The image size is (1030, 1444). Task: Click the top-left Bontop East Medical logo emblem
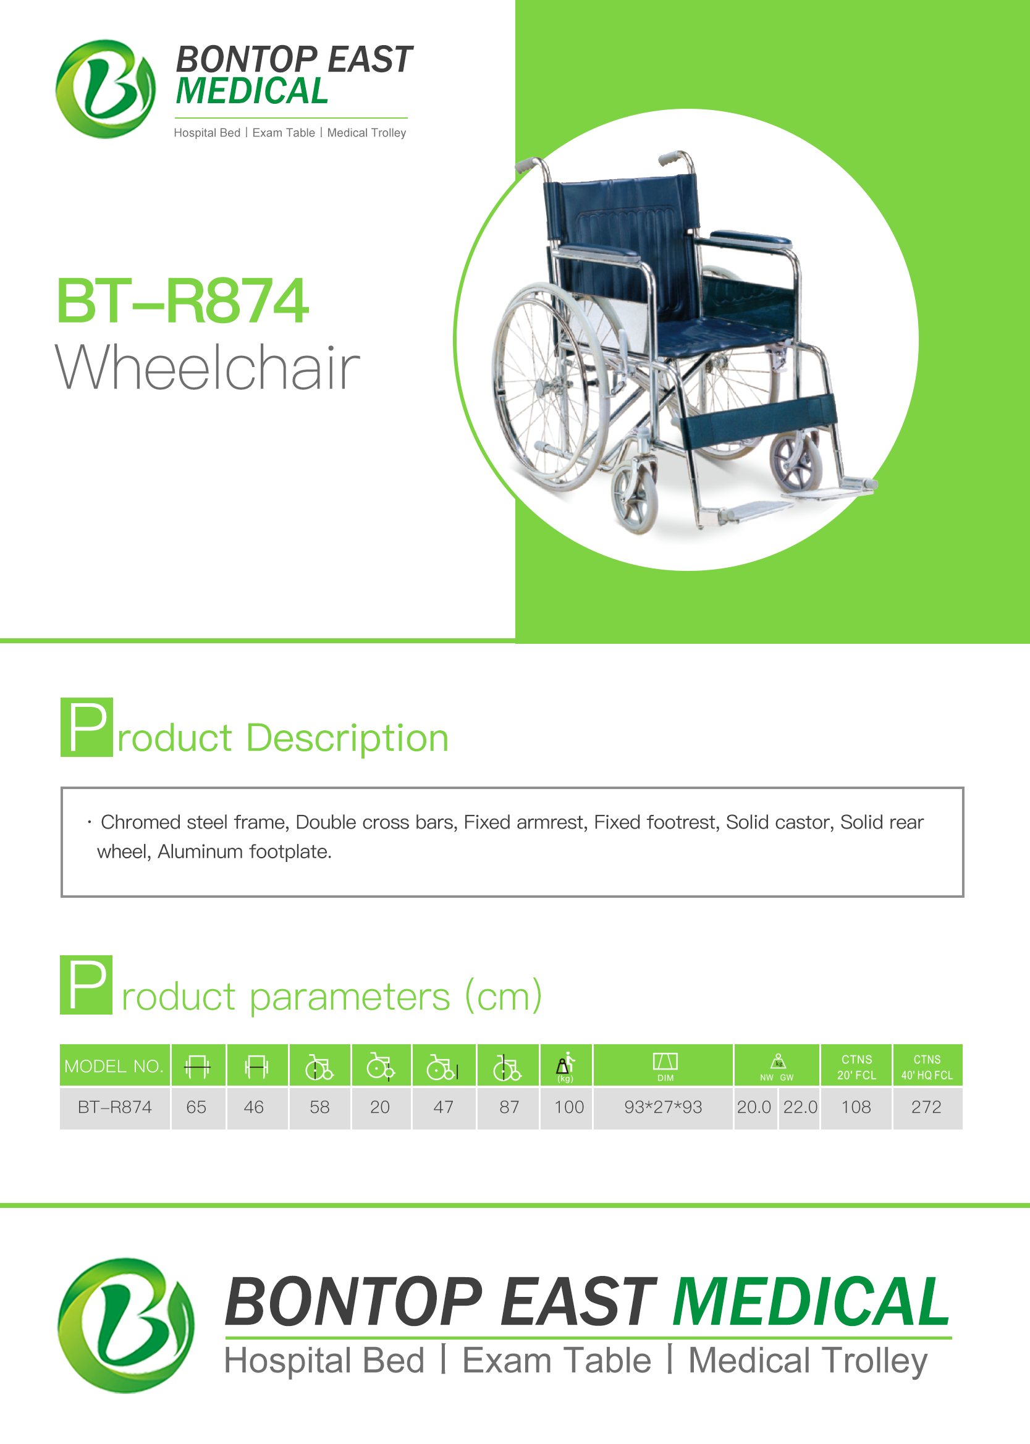point(105,89)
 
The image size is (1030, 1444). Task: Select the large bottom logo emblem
point(126,1325)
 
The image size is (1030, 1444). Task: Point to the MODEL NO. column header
point(115,1065)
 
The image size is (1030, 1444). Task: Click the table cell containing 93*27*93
point(663,1107)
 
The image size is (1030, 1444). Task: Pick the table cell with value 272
point(927,1107)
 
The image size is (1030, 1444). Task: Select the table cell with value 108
point(856,1107)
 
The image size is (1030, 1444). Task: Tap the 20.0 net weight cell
point(754,1107)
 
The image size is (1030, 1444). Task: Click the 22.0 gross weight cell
point(800,1107)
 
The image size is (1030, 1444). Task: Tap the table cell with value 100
point(569,1107)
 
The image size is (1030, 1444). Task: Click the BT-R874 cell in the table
point(115,1107)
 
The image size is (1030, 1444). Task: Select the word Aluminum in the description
point(200,851)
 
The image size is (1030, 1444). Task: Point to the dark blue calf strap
point(758,418)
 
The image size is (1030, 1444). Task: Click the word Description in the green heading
point(348,739)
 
